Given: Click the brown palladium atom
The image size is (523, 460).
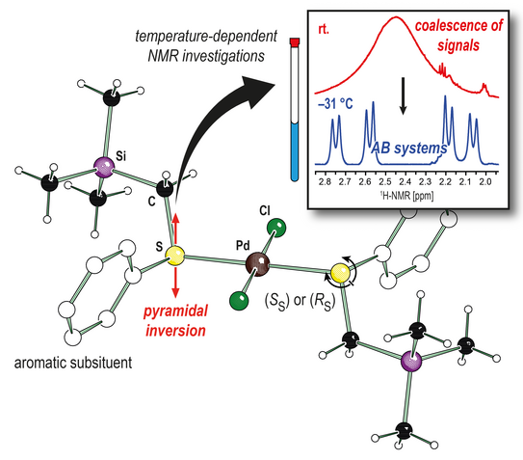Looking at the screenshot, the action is point(257,264).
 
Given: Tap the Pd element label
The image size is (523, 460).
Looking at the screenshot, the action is point(243,246).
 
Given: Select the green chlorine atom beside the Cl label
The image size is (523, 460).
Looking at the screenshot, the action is point(276,228).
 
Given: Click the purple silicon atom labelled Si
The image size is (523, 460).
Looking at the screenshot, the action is point(104,168).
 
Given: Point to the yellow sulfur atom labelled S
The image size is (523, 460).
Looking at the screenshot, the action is point(175,256).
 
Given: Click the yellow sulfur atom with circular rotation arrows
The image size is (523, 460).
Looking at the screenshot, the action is point(340,273).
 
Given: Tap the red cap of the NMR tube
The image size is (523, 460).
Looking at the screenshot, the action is point(295,41).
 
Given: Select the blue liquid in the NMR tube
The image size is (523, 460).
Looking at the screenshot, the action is point(294,152).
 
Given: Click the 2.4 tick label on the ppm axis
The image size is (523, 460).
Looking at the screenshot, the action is point(405,181).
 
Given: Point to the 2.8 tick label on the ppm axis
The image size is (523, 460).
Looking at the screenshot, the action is point(325,181).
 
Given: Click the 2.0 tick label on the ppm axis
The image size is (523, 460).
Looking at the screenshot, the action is point(485,181).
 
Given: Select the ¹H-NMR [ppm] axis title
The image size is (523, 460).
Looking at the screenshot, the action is point(406,196).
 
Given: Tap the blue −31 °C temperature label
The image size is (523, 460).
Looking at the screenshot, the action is point(335,104).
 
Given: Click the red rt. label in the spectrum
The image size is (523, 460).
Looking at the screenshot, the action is point(324,29).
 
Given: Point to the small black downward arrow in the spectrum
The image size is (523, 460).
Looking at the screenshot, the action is point(404,95).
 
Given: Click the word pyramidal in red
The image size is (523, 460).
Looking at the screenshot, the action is point(176,311).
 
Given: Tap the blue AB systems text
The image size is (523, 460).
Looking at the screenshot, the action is point(409,148).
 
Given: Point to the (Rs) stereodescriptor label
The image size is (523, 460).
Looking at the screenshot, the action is point(323,301).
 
